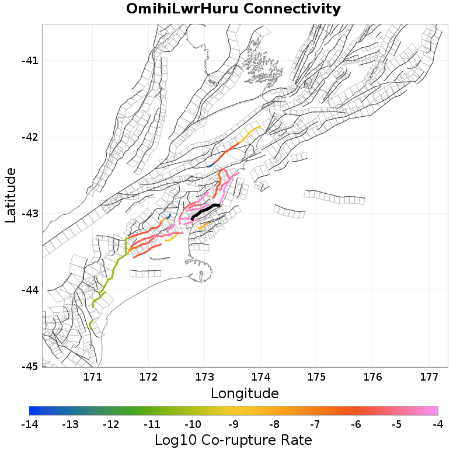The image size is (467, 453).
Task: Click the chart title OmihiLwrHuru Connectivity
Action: click(x=233, y=9)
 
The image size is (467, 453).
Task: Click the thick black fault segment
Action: click(x=204, y=211)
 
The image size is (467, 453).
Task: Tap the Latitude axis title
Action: click(x=11, y=195)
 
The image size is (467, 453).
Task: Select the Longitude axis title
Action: click(x=245, y=392)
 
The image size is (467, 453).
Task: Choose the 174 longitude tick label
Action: click(x=261, y=377)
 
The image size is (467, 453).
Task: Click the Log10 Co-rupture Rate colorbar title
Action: click(x=233, y=440)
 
